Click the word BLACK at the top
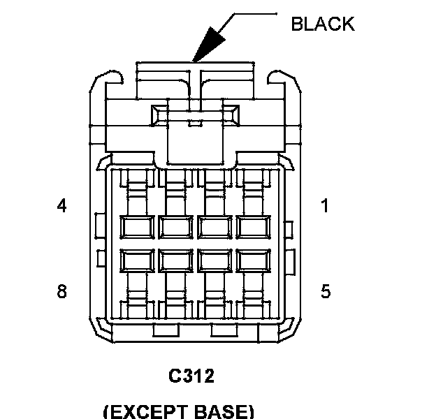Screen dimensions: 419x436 (x=322, y=24)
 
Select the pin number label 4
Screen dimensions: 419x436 (x=62, y=206)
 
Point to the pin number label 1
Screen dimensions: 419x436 (x=325, y=206)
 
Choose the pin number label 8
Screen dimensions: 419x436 (x=62, y=291)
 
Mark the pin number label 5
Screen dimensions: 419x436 (x=325, y=291)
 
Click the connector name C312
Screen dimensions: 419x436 (x=191, y=376)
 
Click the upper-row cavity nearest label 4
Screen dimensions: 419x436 (x=137, y=227)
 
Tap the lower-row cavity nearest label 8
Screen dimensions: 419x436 (x=137, y=260)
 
